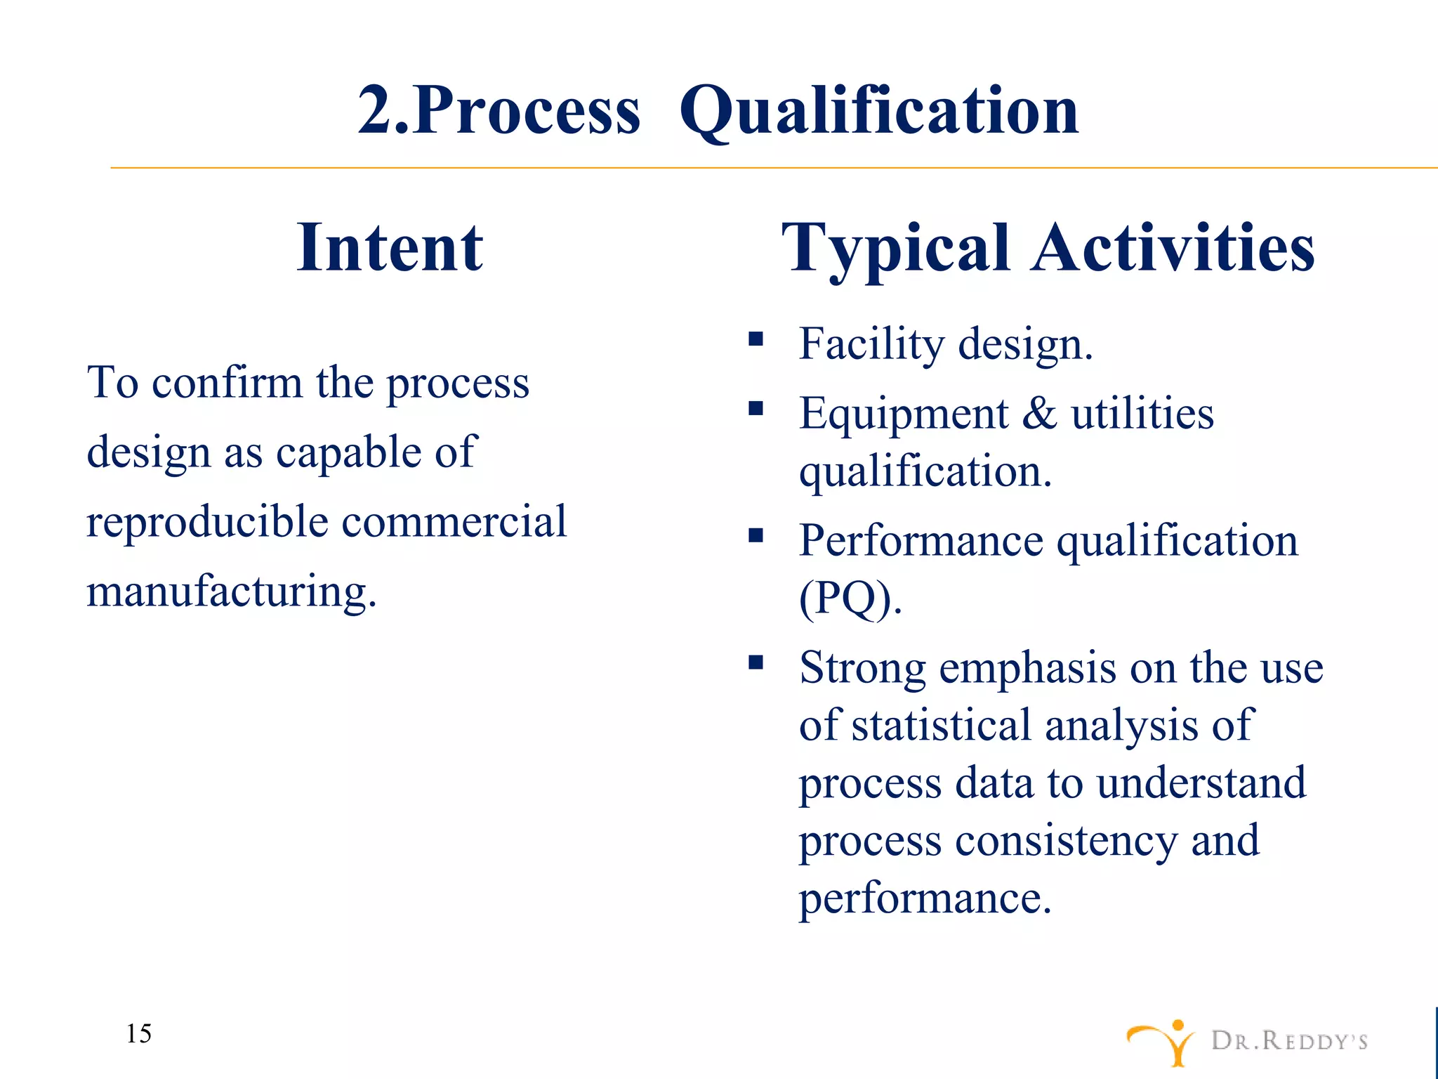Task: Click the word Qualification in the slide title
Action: pyautogui.click(x=878, y=111)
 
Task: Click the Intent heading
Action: pyautogui.click(x=390, y=247)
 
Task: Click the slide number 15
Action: pyautogui.click(x=139, y=1033)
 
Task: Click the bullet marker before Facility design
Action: pyautogui.click(x=756, y=340)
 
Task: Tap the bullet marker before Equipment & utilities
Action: pyautogui.click(x=756, y=409)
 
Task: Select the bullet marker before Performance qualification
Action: pyautogui.click(x=756, y=536)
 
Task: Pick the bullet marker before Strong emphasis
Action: pyautogui.click(x=756, y=662)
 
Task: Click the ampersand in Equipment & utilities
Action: pyautogui.click(x=1039, y=413)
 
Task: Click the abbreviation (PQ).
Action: pyautogui.click(x=850, y=599)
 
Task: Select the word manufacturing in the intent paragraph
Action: pyautogui.click(x=232, y=591)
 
